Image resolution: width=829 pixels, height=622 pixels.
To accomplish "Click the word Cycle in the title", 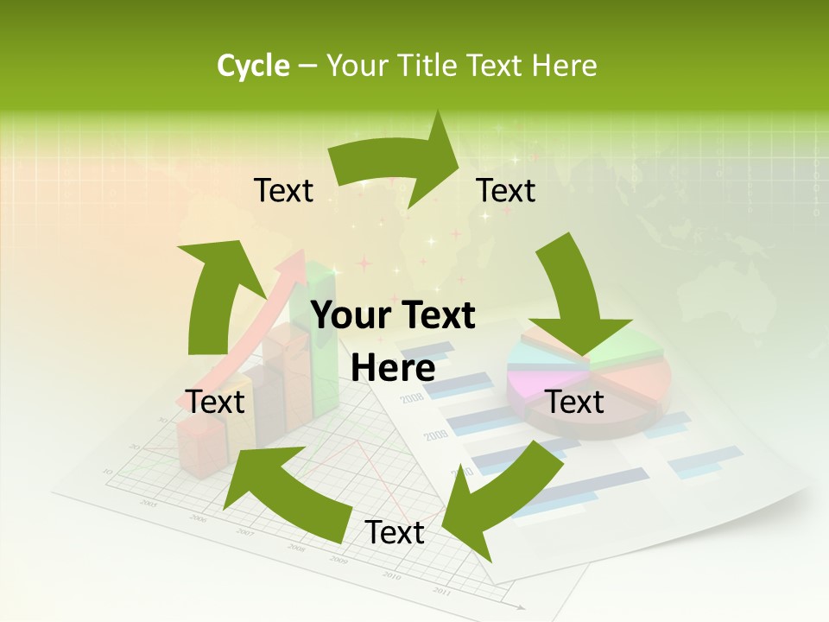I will (253, 66).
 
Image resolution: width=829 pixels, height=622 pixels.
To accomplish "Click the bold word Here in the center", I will (393, 369).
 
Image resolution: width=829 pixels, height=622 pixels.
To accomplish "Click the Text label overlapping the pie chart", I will (575, 402).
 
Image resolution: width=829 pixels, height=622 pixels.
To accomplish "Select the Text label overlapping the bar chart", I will (215, 402).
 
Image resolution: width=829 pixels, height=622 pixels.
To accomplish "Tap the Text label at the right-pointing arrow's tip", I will (506, 190).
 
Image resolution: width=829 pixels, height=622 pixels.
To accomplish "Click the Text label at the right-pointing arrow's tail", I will (283, 190).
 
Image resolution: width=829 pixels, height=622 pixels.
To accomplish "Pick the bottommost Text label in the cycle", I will (395, 533).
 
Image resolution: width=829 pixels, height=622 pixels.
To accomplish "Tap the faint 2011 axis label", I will (441, 591).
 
